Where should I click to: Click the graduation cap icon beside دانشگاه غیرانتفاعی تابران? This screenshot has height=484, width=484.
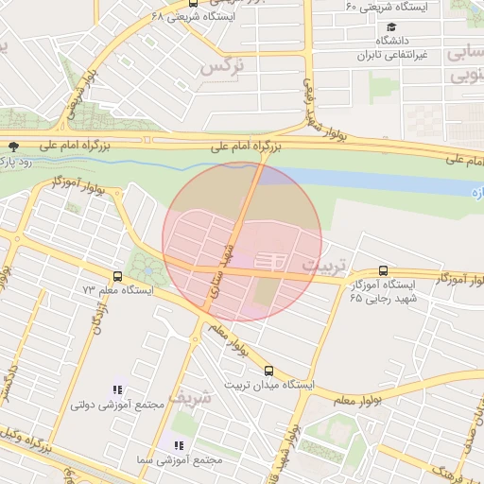391,26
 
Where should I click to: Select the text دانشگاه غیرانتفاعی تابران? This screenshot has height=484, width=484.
388,48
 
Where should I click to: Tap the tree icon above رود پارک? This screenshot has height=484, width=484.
12,147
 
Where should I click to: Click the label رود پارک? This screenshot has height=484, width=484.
17,162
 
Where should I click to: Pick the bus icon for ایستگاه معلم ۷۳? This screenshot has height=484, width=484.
117,276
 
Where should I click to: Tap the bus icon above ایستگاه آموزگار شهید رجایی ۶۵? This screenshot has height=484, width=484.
382,270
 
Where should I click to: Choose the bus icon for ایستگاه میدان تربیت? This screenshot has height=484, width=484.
269,371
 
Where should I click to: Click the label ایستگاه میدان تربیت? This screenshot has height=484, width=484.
262,385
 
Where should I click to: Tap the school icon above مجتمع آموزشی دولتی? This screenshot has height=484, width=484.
117,389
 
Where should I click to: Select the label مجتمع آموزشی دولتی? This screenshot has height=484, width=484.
117,404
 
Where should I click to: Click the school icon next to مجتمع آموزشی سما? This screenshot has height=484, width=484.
178,445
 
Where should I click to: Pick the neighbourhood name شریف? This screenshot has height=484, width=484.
222,399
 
